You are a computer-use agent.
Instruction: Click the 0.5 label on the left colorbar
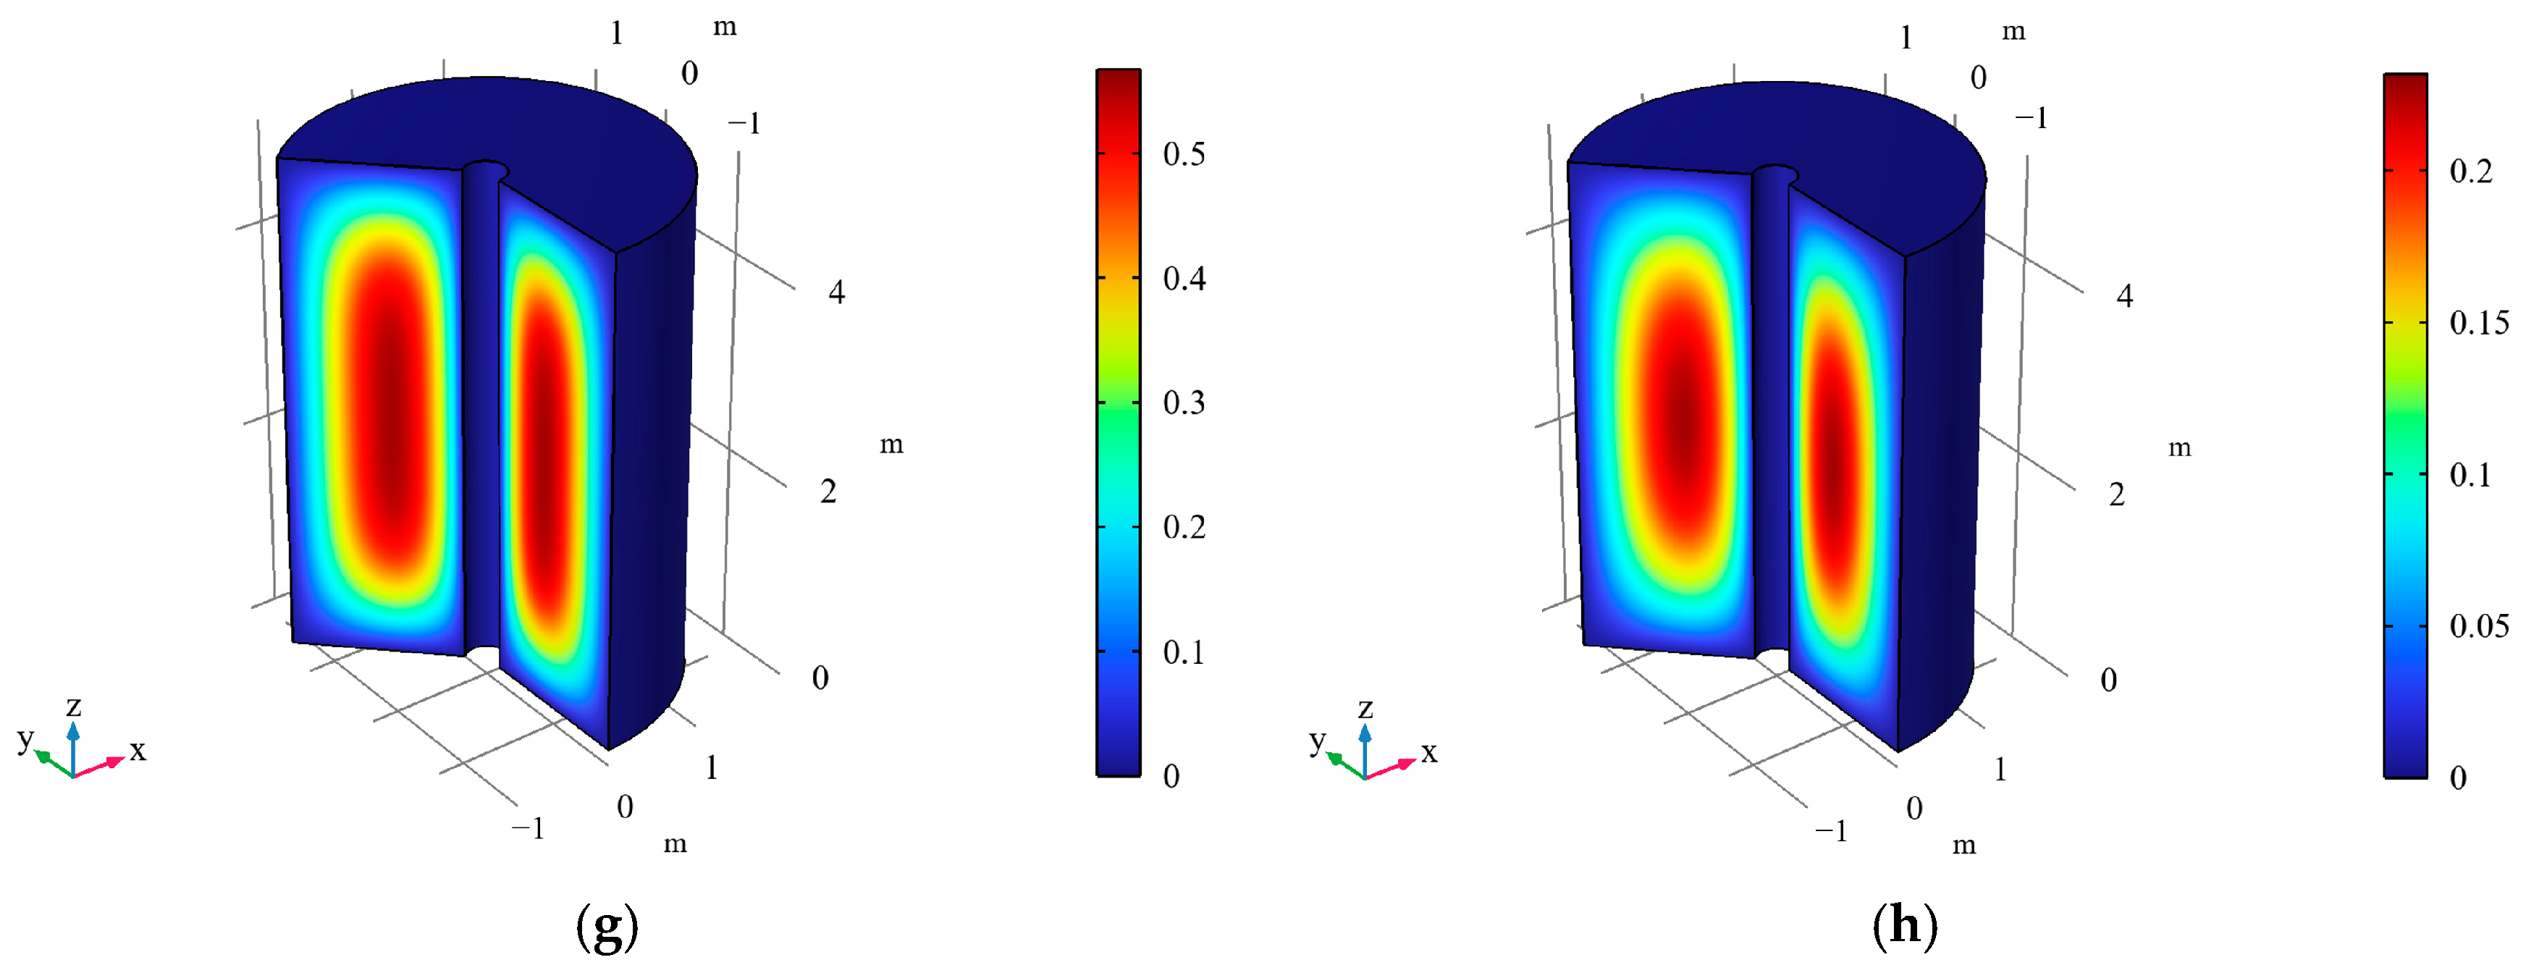(x=1184, y=154)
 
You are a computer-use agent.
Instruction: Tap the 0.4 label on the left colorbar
(x=1184, y=279)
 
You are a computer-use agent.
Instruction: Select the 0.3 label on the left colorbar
(x=1184, y=403)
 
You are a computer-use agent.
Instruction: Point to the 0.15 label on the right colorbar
(x=2479, y=323)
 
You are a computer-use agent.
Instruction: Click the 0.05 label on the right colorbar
(x=2479, y=625)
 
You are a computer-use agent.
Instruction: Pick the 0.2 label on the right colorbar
(x=2470, y=172)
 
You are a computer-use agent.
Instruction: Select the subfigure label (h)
(x=1904, y=926)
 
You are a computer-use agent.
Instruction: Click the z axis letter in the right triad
(x=1365, y=708)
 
